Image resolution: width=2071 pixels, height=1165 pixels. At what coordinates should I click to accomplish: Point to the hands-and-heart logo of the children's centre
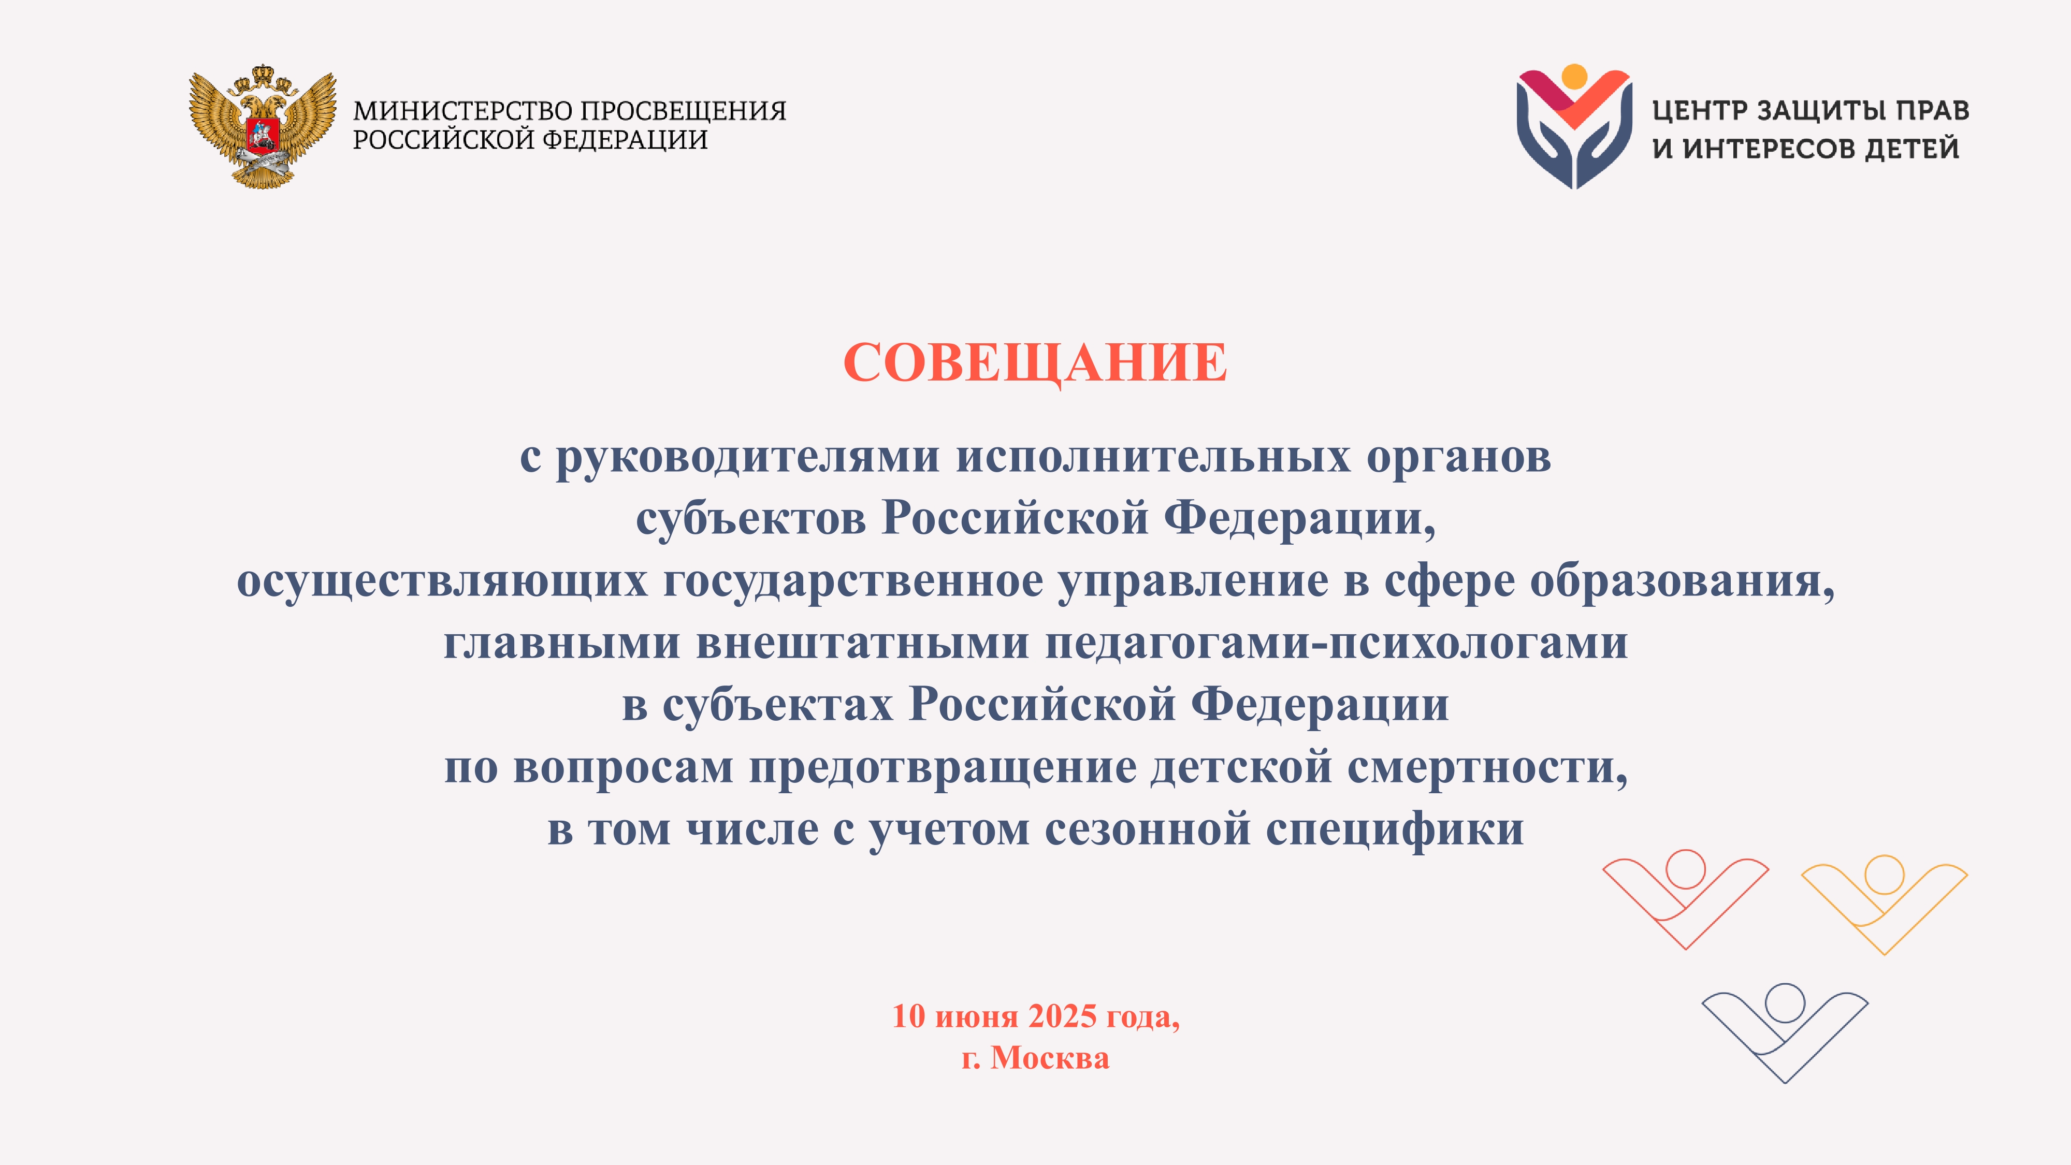[x=1574, y=127]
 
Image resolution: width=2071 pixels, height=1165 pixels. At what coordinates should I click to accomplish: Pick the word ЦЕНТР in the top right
[x=1698, y=110]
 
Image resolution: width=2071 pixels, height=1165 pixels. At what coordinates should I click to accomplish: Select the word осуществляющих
[x=442, y=581]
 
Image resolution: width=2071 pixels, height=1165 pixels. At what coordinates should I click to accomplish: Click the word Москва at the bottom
[x=1050, y=1058]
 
